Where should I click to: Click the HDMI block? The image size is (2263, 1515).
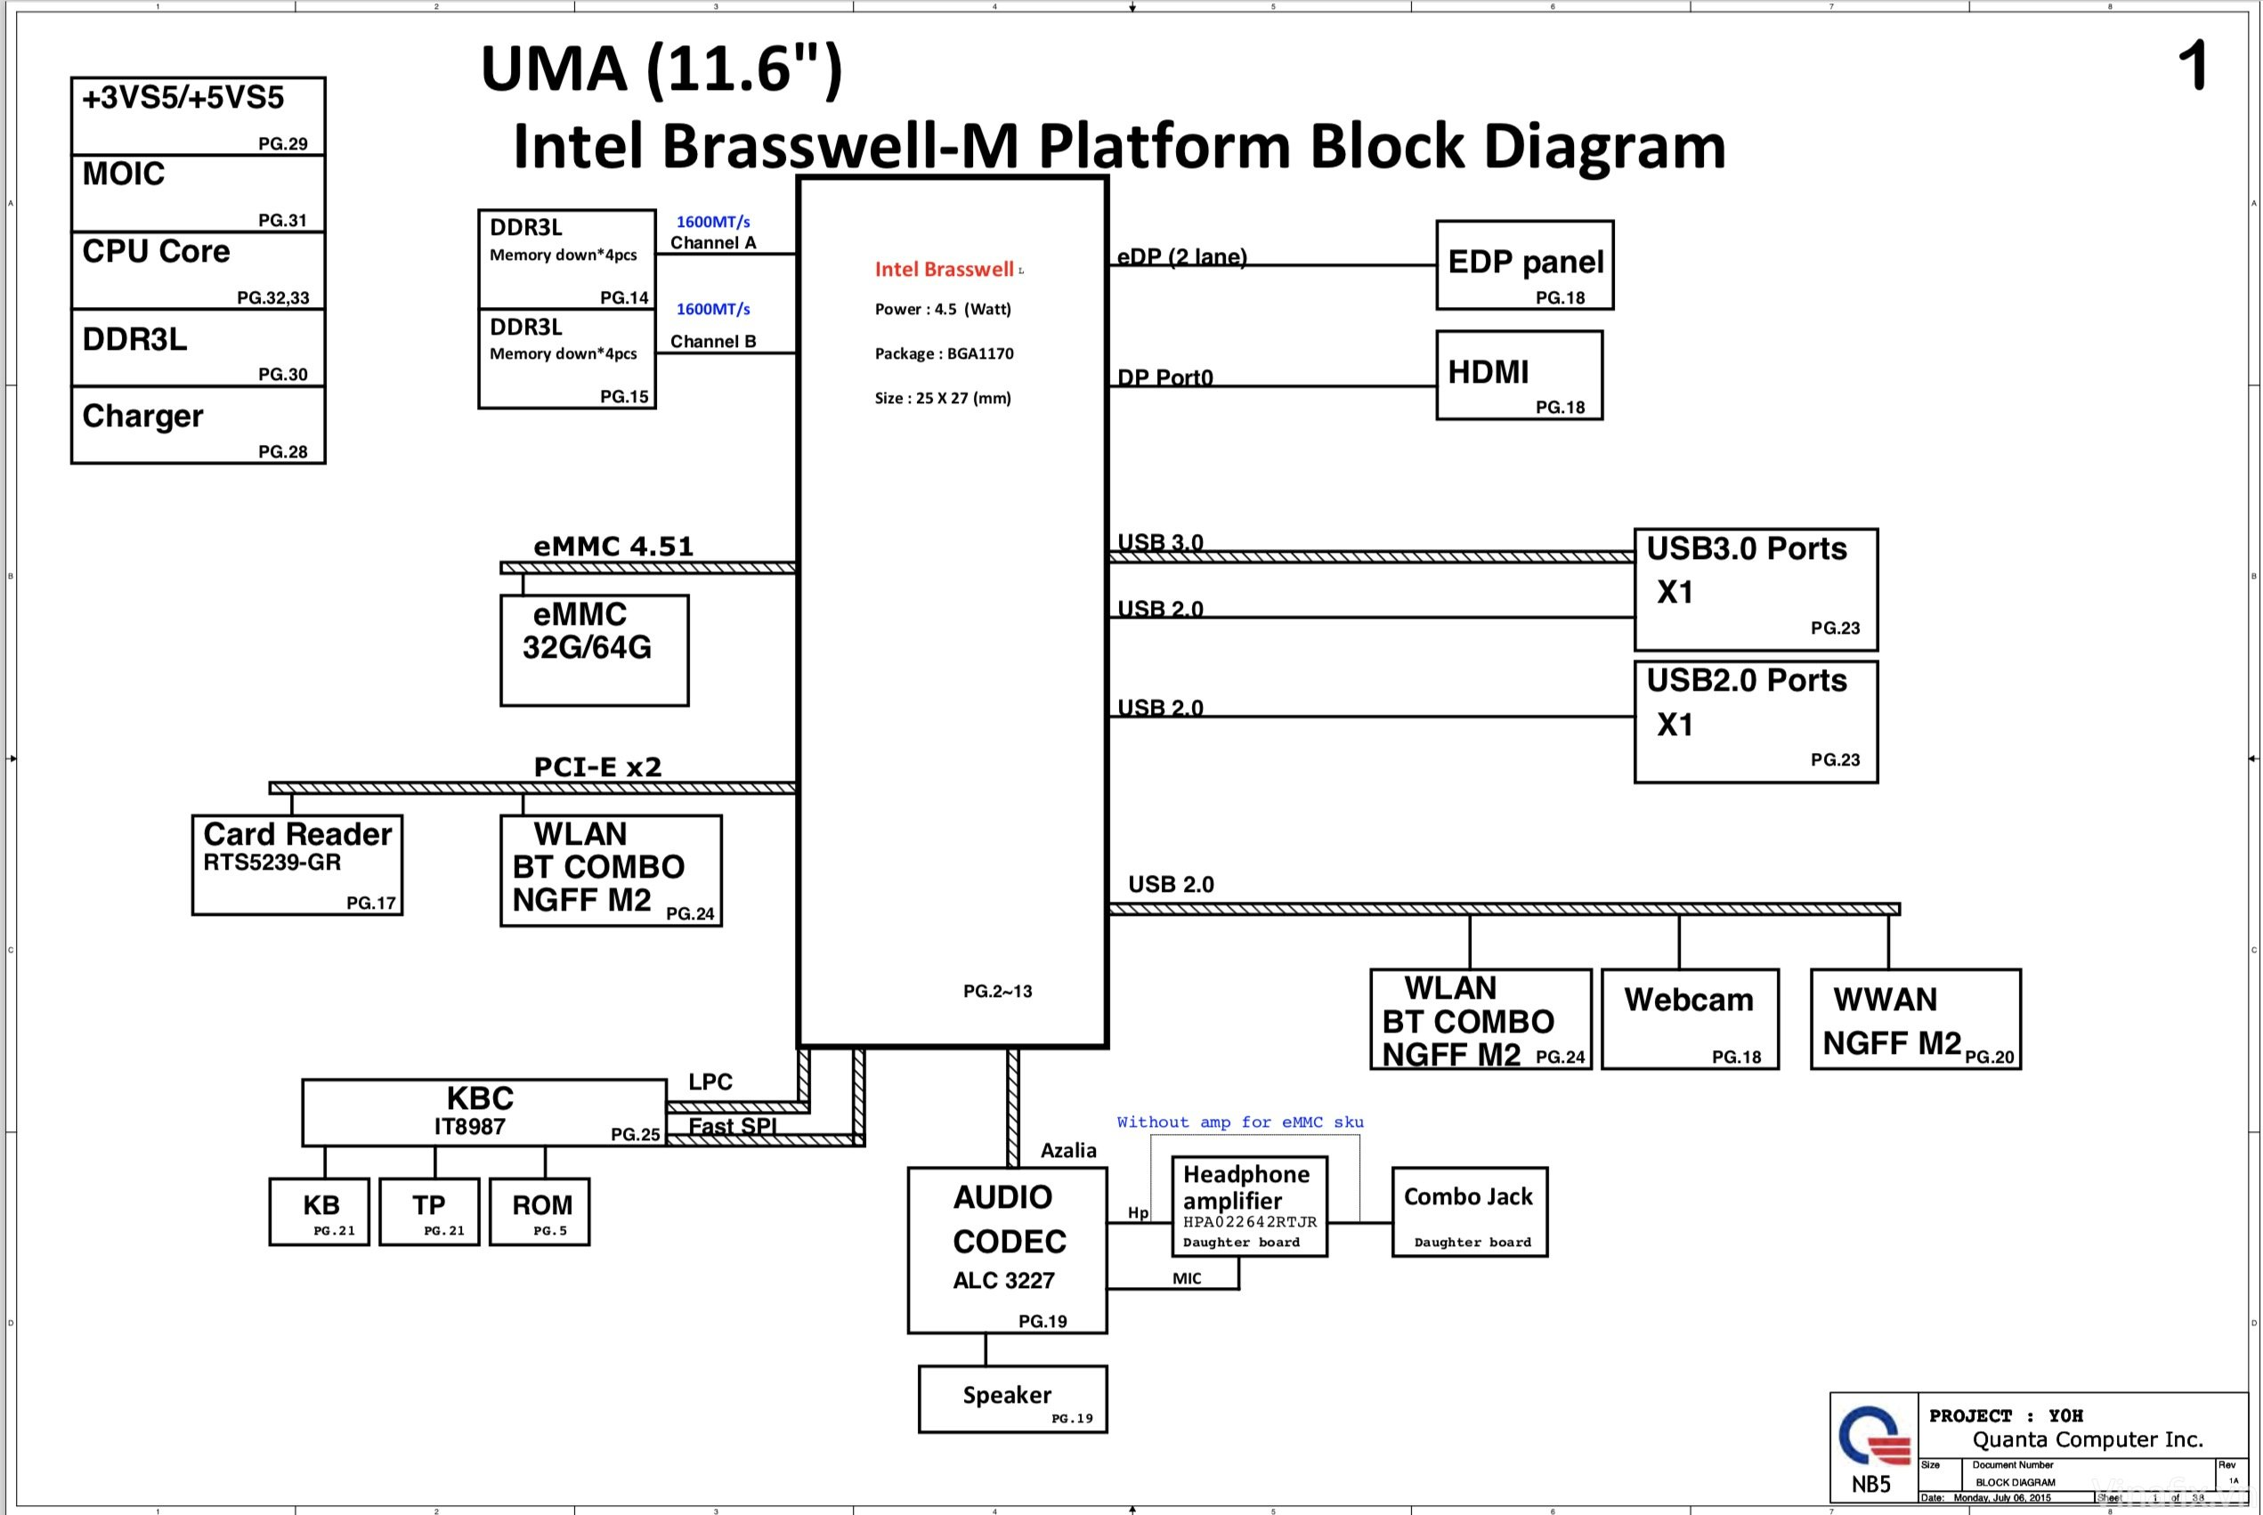(1518, 375)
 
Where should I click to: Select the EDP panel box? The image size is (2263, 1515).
(1524, 264)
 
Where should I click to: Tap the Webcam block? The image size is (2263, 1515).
(1689, 1018)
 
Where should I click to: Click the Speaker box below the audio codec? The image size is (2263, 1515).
(1011, 1398)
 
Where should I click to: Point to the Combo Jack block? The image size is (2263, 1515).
(1469, 1211)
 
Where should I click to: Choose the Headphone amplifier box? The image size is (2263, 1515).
(1248, 1206)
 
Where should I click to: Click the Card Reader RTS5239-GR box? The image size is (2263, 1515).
(296, 863)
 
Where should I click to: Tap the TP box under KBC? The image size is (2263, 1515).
(429, 1211)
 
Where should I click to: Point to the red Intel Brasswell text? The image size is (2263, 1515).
(944, 270)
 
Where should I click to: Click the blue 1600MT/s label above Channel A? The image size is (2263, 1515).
(712, 223)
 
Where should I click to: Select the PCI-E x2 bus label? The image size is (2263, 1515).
(597, 767)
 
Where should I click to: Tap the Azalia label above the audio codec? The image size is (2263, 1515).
(1067, 1150)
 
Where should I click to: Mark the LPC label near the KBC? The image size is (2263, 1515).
(710, 1082)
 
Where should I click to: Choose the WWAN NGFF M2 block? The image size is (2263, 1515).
(1914, 1018)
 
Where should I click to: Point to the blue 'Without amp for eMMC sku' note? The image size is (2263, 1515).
(1240, 1122)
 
